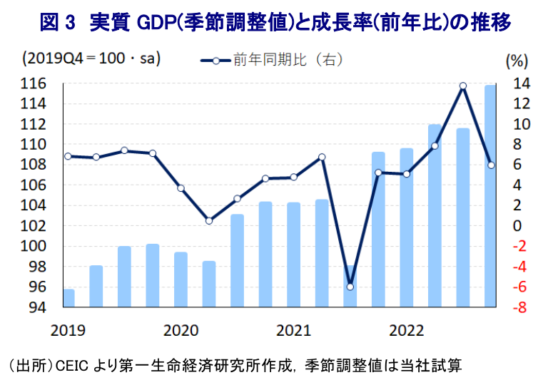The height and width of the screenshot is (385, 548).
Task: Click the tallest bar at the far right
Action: click(x=490, y=196)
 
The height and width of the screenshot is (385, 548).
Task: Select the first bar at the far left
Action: click(x=68, y=298)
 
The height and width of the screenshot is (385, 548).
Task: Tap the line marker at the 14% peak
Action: click(x=462, y=86)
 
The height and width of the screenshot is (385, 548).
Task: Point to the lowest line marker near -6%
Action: click(x=350, y=287)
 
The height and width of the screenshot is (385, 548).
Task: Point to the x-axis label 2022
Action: click(x=405, y=331)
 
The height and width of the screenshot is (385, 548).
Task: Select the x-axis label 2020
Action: click(x=180, y=331)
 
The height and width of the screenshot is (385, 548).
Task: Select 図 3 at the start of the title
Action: click(x=57, y=23)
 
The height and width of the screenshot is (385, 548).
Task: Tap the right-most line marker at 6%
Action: click(x=491, y=165)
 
